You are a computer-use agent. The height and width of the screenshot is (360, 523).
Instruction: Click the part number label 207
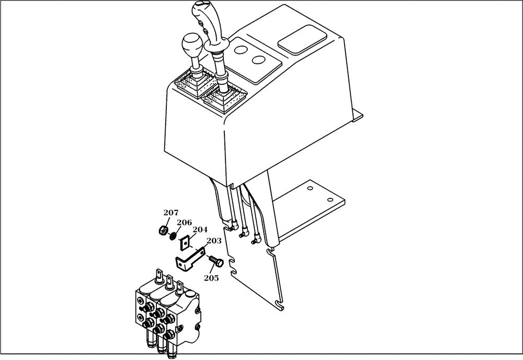point(170,212)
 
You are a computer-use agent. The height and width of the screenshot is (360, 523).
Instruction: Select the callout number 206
point(184,222)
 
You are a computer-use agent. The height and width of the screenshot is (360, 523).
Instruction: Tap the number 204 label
point(200,230)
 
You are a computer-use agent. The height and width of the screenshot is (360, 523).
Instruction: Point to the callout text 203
point(213,241)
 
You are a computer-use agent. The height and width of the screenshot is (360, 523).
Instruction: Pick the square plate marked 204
point(185,243)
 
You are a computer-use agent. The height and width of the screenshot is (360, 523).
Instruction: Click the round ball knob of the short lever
point(191,47)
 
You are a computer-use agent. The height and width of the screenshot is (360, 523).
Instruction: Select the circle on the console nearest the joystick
point(241,50)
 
